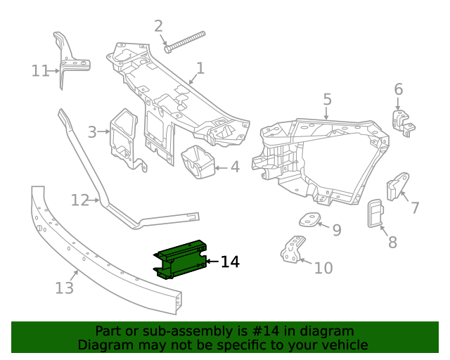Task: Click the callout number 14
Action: pos(230,262)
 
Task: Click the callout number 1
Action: pos(200,68)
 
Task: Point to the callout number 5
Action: pos(328,99)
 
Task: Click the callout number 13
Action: pos(64,288)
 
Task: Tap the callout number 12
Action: pos(79,201)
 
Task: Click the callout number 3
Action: pos(92,131)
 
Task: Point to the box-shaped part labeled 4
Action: pos(199,162)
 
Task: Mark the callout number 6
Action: pos(398,89)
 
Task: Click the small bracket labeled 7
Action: pos(397,186)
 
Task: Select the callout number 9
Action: pos(337,229)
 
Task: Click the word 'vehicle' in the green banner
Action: pos(343,345)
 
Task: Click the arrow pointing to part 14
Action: pos(212,262)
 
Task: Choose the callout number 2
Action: pos(158,26)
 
